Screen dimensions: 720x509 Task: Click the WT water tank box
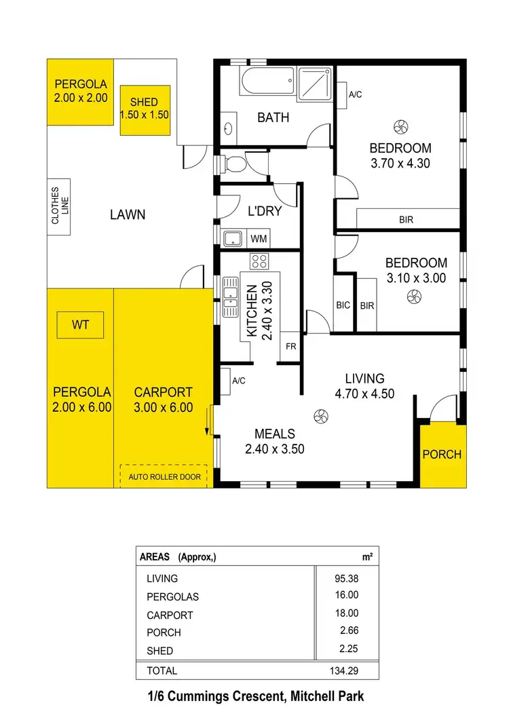tap(80, 324)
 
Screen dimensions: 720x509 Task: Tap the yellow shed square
tap(144, 110)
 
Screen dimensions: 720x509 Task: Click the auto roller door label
tap(164, 476)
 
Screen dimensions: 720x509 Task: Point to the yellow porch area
tap(442, 454)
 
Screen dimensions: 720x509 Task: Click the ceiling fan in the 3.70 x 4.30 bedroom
tap(400, 126)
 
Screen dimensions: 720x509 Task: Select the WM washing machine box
tap(259, 239)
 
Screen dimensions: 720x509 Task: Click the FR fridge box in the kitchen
tap(291, 347)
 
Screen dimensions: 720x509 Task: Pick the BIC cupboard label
tap(343, 306)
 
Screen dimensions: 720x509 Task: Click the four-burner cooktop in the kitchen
tap(259, 261)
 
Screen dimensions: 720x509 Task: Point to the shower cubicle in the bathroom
tap(314, 83)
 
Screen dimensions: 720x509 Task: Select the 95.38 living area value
tap(346, 579)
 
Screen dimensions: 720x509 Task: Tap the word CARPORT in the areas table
tap(170, 615)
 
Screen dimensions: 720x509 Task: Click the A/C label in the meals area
tap(238, 381)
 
